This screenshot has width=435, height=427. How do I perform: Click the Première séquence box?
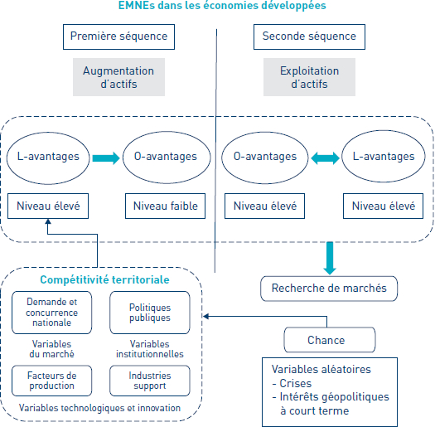click(x=118, y=37)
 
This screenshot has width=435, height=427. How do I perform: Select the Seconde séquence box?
click(x=309, y=37)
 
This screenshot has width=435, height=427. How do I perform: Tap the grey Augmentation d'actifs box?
click(x=118, y=77)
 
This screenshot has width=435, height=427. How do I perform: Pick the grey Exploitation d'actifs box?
click(x=309, y=77)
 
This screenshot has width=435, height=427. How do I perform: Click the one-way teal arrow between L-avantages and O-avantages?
click(x=106, y=158)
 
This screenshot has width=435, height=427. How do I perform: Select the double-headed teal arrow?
click(x=325, y=158)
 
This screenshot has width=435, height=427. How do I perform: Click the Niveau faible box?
click(x=166, y=206)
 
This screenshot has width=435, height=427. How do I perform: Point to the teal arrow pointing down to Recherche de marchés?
click(x=330, y=258)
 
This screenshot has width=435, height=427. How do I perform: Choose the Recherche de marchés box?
click(x=329, y=289)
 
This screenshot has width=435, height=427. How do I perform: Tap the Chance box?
click(x=330, y=340)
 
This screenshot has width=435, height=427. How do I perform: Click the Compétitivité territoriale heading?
click(x=104, y=279)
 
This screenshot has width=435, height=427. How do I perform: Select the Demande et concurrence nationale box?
click(x=52, y=313)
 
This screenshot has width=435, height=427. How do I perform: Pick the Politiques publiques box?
click(x=150, y=313)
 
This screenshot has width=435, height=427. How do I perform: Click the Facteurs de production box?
click(x=52, y=381)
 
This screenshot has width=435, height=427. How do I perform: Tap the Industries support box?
click(x=150, y=381)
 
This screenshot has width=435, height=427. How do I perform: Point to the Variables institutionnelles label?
click(x=150, y=349)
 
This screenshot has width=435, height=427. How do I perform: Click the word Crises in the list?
click(x=296, y=383)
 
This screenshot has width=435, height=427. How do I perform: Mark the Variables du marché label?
click(x=52, y=349)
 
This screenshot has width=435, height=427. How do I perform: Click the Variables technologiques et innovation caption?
click(x=99, y=408)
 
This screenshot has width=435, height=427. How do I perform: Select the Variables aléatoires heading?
click(x=321, y=369)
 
